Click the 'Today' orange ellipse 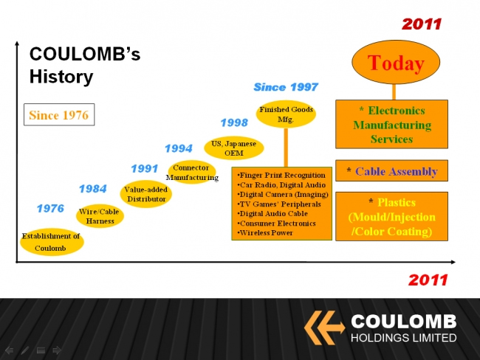pos(396,62)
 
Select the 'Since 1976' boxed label pos(59,114)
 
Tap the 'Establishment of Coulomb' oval pos(52,242)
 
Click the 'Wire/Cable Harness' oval pos(100,216)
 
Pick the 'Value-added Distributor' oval pos(146,194)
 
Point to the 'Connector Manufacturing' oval pos(192,172)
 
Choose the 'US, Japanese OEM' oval pos(234,148)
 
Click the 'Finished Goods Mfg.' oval pos(286,114)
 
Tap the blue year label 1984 pos(93,189)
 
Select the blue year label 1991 pos(145,168)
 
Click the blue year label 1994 pos(179,148)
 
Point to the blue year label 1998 pos(234,122)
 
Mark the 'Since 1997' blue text pos(286,87)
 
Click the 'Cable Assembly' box pos(391,170)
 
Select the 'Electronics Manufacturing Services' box pos(391,124)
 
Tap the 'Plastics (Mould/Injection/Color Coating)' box pos(391,216)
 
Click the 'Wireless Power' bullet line pos(265,233)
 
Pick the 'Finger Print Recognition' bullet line pos(281,176)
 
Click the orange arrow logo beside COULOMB pos(324,328)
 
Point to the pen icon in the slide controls pos(25,350)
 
